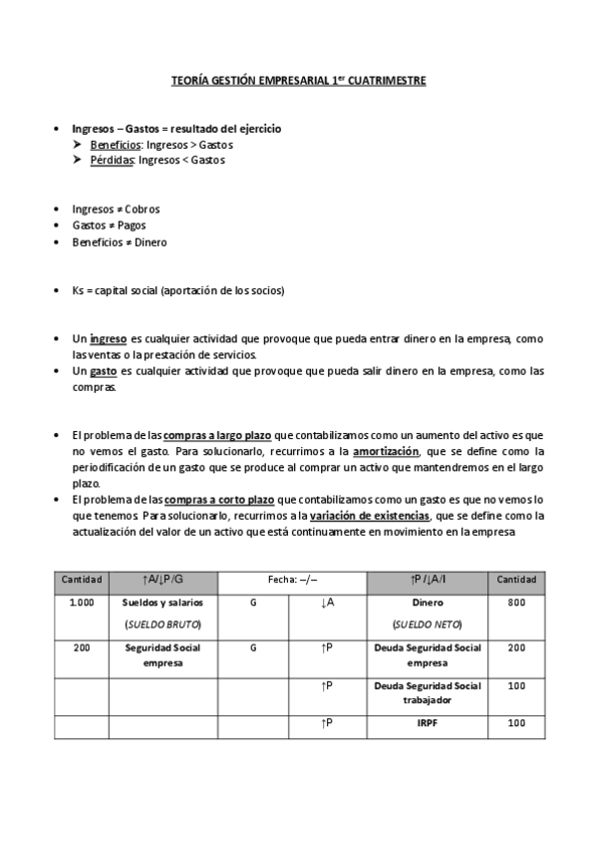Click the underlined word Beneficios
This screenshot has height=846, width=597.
point(115,145)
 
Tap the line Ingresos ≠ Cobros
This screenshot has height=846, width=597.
point(116,210)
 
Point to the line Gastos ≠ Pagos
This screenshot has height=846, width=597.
point(109,225)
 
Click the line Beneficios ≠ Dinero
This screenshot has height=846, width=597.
point(120,241)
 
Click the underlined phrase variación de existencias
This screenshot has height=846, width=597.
point(370,516)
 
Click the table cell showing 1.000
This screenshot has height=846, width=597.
point(82,603)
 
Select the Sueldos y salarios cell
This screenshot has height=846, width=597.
point(162,603)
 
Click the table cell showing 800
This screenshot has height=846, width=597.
point(516,603)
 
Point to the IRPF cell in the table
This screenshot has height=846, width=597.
point(428,723)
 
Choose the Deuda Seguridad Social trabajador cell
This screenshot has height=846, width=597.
point(428,692)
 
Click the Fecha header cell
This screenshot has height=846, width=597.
point(292,580)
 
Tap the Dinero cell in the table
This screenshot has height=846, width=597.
point(428,603)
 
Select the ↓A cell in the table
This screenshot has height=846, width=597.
point(327,603)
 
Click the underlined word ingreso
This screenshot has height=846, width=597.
point(108,339)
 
